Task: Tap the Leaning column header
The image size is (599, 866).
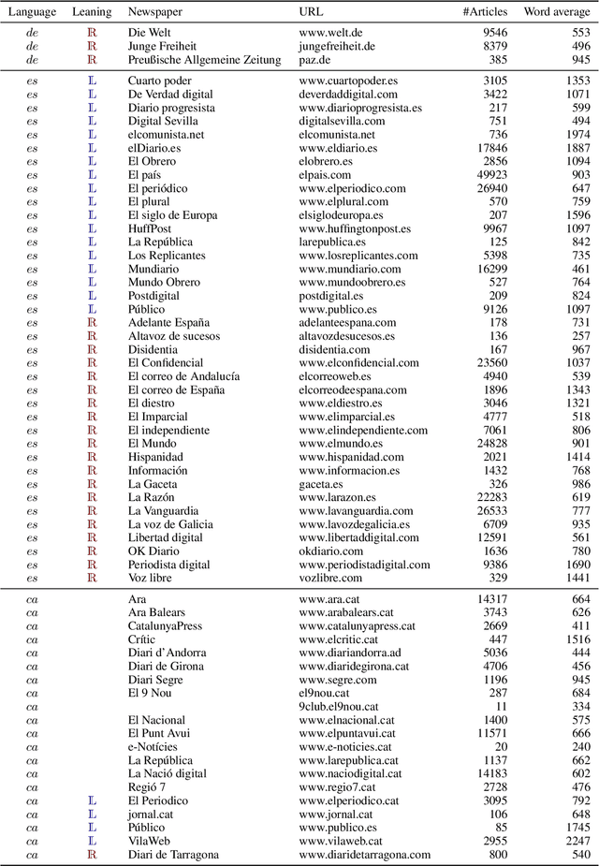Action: (92, 12)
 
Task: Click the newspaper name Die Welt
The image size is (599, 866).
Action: (150, 33)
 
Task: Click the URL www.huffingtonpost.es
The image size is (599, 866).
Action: (358, 228)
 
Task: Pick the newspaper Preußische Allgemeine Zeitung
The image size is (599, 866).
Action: (204, 60)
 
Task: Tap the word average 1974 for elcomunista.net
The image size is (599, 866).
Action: (577, 134)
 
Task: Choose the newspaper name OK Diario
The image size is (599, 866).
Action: (154, 551)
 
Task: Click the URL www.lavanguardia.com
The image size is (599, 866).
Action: (356, 511)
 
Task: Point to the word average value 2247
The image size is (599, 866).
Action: (577, 841)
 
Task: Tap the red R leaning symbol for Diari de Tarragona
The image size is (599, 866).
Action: (92, 855)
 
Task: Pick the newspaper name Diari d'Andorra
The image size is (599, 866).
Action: (168, 653)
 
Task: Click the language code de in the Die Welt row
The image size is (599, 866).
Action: (32, 33)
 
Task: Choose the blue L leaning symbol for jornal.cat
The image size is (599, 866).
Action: (92, 815)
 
